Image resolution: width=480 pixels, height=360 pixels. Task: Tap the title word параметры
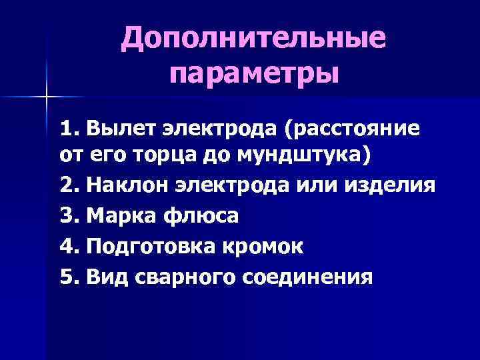(253, 72)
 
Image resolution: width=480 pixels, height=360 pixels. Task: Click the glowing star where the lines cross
(47, 97)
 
